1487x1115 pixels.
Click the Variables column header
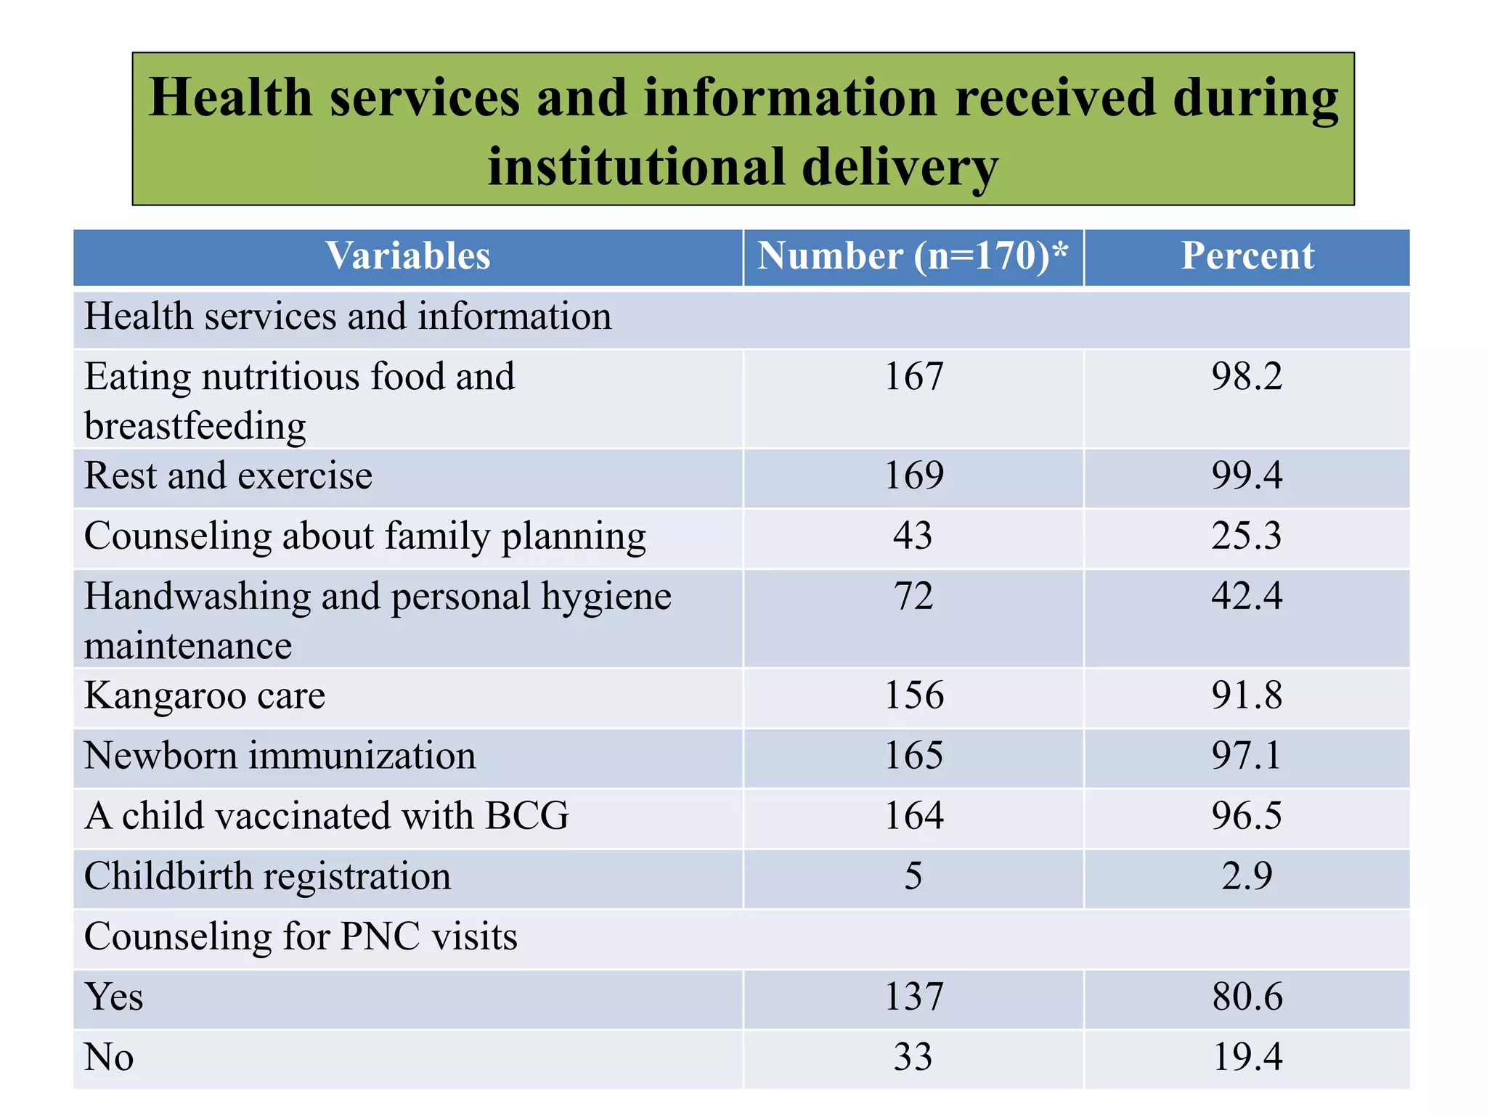click(x=407, y=256)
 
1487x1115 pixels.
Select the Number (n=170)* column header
click(x=913, y=256)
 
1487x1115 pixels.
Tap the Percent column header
click(x=1247, y=256)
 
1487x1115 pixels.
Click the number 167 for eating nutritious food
click(x=913, y=377)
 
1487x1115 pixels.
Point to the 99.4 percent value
click(x=1247, y=476)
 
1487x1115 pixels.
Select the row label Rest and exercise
click(x=228, y=476)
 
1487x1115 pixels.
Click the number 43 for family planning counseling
click(x=913, y=536)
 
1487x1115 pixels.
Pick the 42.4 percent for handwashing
click(x=1247, y=597)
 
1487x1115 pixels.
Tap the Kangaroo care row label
click(x=205, y=695)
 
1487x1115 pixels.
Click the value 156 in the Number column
click(x=913, y=695)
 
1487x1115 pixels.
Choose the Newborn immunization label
click(x=280, y=756)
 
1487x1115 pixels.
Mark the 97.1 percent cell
click(x=1247, y=756)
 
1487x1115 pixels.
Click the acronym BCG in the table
click(x=527, y=816)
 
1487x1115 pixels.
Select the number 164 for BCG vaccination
click(x=913, y=816)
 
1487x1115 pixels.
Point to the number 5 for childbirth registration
click(x=913, y=876)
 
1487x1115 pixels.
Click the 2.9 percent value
click(x=1247, y=876)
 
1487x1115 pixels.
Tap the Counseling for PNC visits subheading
click(x=301, y=936)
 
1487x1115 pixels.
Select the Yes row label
click(x=114, y=997)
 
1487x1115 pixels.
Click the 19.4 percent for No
click(x=1247, y=1057)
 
